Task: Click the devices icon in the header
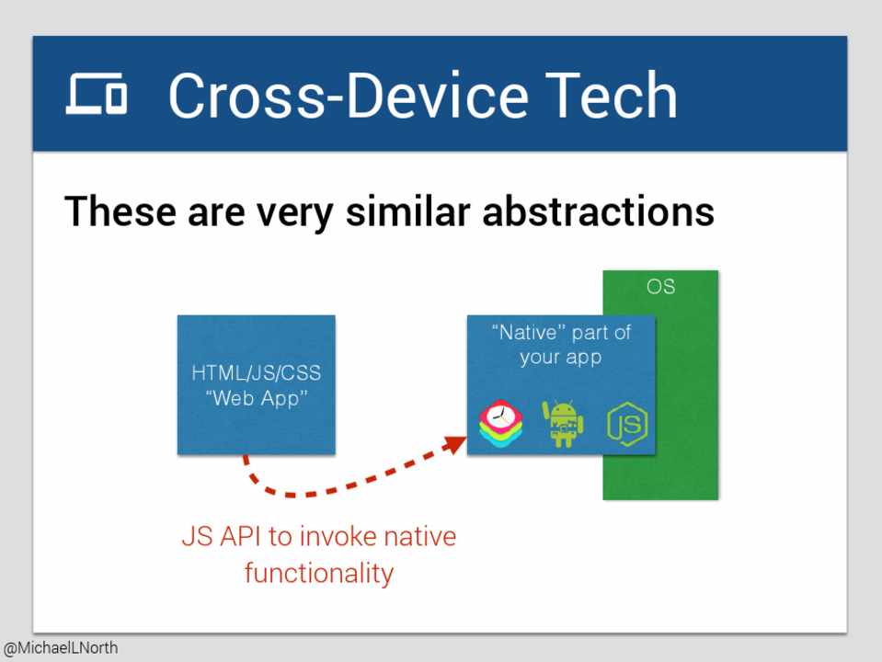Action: pyautogui.click(x=97, y=94)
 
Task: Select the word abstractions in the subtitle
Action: pyautogui.click(x=599, y=211)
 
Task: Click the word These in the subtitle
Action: pyautogui.click(x=120, y=211)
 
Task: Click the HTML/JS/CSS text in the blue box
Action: pyautogui.click(x=256, y=372)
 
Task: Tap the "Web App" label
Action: pyautogui.click(x=257, y=398)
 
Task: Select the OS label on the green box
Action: pyautogui.click(x=660, y=286)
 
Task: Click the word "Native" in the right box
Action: pyautogui.click(x=528, y=333)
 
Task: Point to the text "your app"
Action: pyautogui.click(x=561, y=358)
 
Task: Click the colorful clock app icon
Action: pyautogui.click(x=500, y=424)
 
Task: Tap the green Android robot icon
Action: pyautogui.click(x=563, y=424)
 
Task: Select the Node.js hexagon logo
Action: pyautogui.click(x=627, y=424)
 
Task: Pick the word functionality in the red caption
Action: pyautogui.click(x=319, y=573)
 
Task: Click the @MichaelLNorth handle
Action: pyautogui.click(x=61, y=648)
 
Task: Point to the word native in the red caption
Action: pyautogui.click(x=419, y=536)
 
